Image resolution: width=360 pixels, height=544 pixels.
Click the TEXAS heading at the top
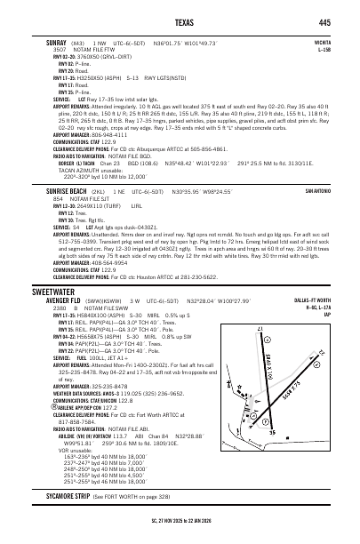pyautogui.click(x=180, y=22)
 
